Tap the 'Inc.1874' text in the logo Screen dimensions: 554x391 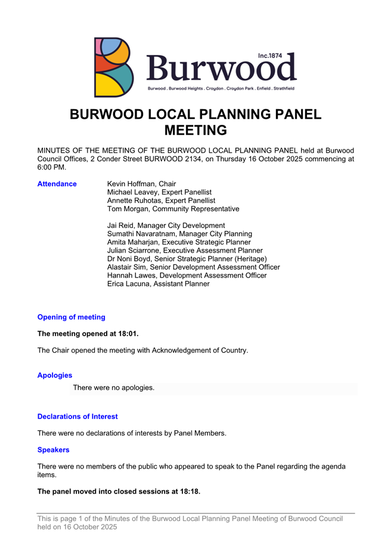(x=270, y=56)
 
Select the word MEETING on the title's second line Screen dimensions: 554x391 (x=195, y=130)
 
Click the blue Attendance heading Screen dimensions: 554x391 (x=57, y=184)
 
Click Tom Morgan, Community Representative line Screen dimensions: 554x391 (x=173, y=209)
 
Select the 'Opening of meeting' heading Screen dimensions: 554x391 (x=71, y=317)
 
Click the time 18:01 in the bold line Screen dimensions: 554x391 (x=126, y=334)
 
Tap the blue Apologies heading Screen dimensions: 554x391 (x=55, y=376)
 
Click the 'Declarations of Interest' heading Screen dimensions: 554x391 (x=77, y=416)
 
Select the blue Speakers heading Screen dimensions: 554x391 (x=54, y=450)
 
